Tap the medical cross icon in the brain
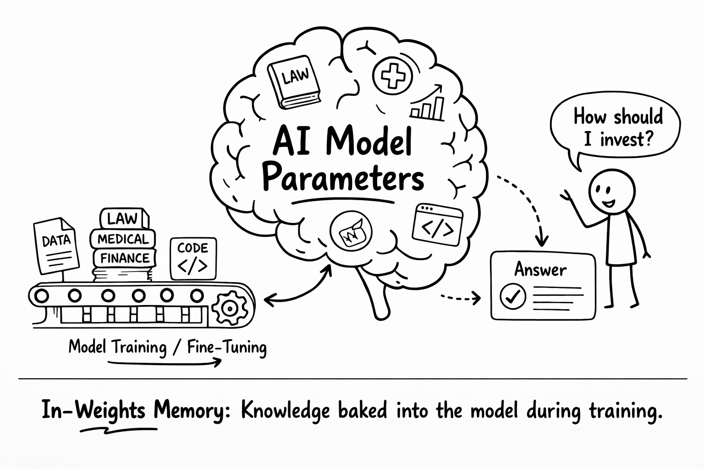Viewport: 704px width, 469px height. [392, 75]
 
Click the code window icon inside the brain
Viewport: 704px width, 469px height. [438, 223]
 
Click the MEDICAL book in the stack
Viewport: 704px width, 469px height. [123, 239]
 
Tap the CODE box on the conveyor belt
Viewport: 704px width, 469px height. [193, 258]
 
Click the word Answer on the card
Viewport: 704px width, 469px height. [541, 269]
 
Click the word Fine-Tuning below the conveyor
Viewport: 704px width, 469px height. [227, 348]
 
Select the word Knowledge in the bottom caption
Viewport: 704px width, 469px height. [285, 411]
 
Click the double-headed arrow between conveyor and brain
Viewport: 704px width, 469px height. [298, 287]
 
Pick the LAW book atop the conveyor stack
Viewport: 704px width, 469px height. [123, 218]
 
